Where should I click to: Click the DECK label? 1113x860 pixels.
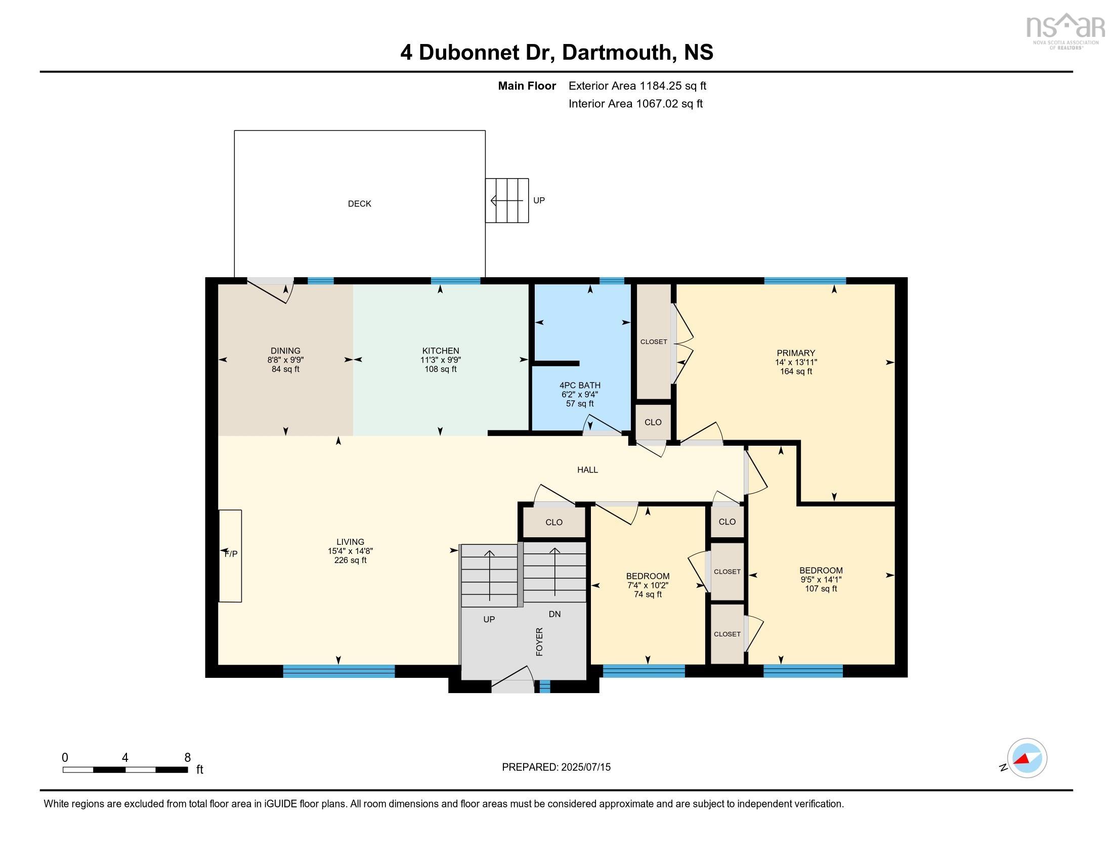click(x=359, y=204)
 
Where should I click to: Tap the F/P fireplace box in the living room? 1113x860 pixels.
click(x=230, y=555)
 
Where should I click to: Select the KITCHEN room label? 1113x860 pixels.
click(x=440, y=351)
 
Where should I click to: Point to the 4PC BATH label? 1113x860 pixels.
click(x=579, y=385)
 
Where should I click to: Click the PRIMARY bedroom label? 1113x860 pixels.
click(x=795, y=353)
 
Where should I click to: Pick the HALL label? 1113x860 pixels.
click(x=587, y=470)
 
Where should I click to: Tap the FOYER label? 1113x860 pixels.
click(x=539, y=641)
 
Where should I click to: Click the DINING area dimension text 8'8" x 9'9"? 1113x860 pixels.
click(x=285, y=360)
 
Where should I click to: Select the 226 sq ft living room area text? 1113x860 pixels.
click(x=350, y=560)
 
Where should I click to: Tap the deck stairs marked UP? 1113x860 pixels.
click(x=506, y=200)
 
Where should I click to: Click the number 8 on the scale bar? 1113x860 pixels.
click(x=187, y=757)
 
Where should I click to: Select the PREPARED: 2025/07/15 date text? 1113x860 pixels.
click(x=556, y=767)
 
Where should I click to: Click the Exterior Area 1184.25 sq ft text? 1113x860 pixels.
click(x=637, y=85)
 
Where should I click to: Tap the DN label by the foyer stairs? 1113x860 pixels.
click(x=554, y=614)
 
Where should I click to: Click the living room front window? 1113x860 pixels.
click(x=338, y=671)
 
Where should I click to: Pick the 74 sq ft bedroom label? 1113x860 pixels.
click(x=647, y=594)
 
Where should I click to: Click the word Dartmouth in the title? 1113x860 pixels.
click(x=617, y=52)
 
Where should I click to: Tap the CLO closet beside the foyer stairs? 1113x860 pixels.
click(x=553, y=522)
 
